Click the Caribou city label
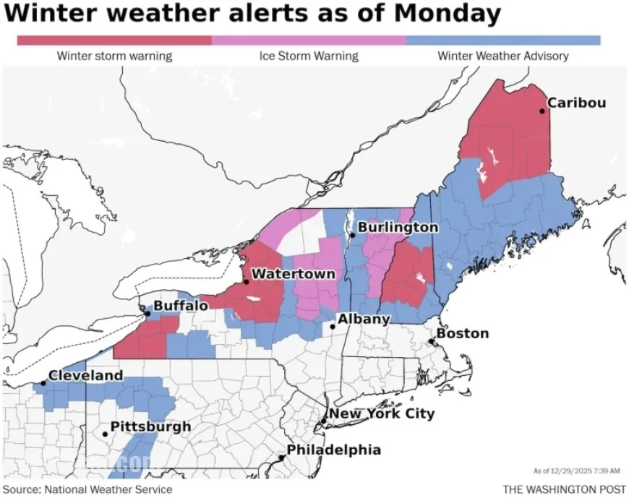click(x=576, y=103)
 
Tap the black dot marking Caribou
click(x=542, y=111)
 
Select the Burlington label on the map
click(x=398, y=227)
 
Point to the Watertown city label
click(x=294, y=274)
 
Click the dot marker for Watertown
click(x=247, y=281)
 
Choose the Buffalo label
click(x=181, y=306)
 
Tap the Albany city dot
click(x=333, y=327)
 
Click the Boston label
click(x=463, y=333)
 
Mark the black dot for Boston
click(x=432, y=341)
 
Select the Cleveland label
click(x=85, y=376)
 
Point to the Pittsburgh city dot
click(x=106, y=434)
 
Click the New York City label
click(x=382, y=413)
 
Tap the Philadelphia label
click(x=334, y=450)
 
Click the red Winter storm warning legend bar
click(x=114, y=40)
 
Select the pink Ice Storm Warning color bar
click(x=309, y=40)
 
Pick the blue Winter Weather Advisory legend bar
click(x=503, y=40)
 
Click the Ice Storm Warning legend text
click(x=309, y=56)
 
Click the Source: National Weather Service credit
click(x=87, y=489)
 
